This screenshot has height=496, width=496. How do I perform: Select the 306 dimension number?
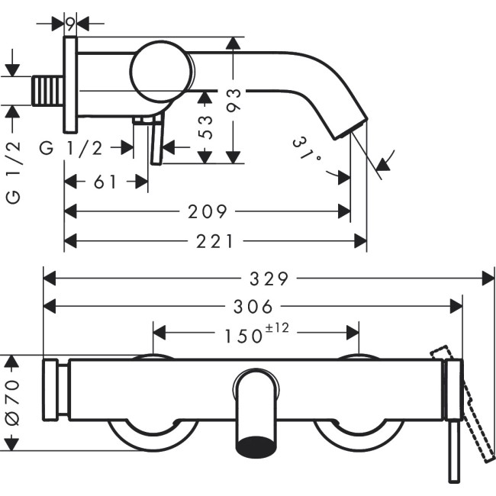click(253, 307)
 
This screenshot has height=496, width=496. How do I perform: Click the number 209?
click(208, 211)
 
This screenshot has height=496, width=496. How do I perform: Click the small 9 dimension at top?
click(70, 23)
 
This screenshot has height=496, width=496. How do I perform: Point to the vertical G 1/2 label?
click(12, 172)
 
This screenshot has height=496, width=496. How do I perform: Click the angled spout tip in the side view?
click(349, 127)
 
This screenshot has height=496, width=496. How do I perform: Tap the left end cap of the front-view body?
click(51, 388)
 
